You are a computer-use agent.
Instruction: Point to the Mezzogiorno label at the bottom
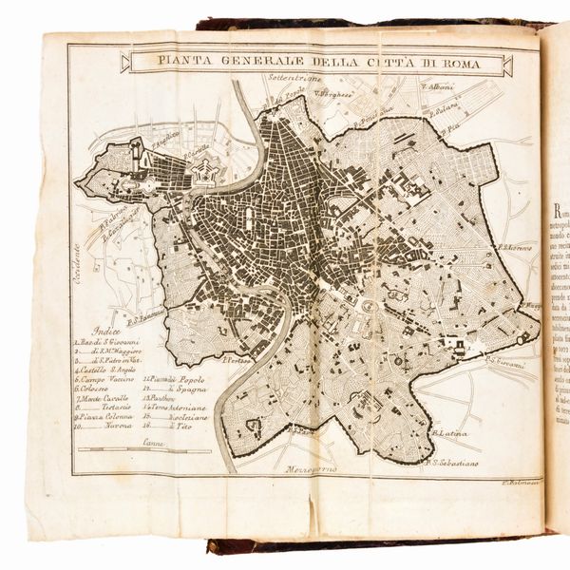click(314, 469)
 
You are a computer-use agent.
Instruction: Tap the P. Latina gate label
click(449, 433)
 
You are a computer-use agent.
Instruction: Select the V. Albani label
click(437, 86)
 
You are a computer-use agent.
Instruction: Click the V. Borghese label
click(336, 95)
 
